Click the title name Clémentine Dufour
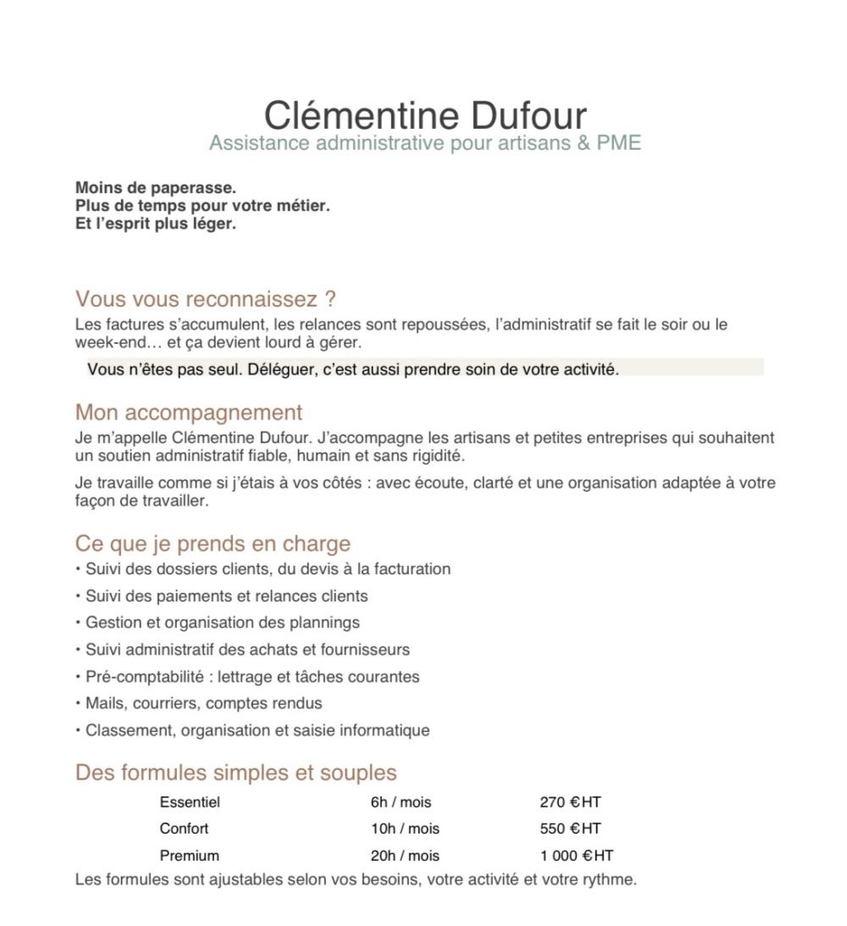[424, 115]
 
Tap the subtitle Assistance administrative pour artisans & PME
[424, 142]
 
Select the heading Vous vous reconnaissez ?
[206, 299]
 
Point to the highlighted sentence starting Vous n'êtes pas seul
[352, 369]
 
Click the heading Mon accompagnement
[188, 413]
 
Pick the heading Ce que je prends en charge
[213, 543]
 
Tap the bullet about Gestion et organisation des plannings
[222, 623]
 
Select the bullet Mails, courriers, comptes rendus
[203, 703]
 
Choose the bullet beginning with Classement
[257, 730]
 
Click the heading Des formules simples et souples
[235, 773]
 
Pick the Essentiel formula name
[189, 801]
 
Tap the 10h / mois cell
[405, 829]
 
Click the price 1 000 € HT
[576, 856]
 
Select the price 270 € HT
[570, 801]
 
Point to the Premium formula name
[189, 856]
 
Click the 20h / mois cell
[405, 856]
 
